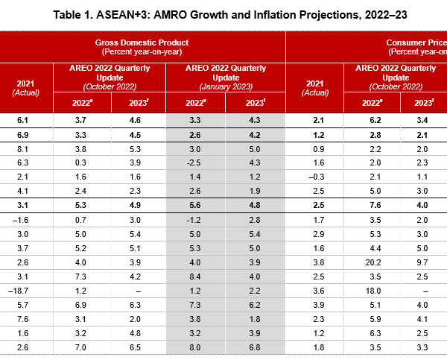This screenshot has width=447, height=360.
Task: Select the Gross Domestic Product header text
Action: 142,42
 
